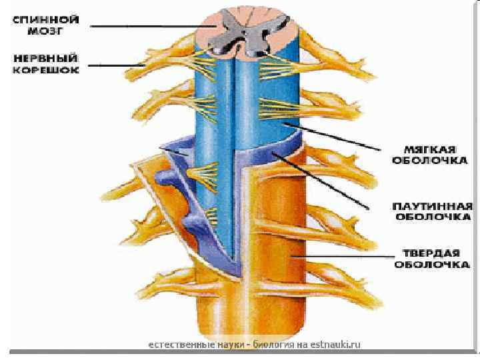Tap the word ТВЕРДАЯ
[x=431, y=253]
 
